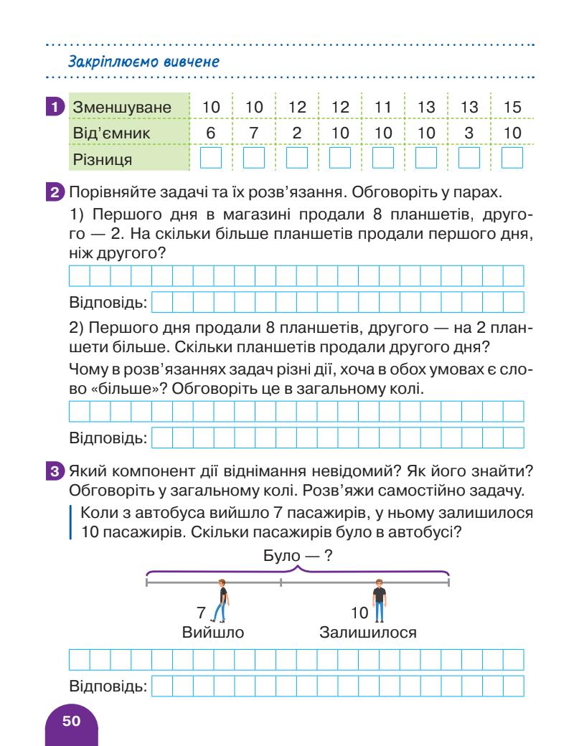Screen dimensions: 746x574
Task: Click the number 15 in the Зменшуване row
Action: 512,108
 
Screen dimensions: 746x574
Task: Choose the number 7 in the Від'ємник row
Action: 254,133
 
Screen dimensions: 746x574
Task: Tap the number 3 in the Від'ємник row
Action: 469,133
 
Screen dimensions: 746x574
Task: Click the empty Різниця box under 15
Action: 512,157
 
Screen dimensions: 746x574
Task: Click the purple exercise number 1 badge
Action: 53,108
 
